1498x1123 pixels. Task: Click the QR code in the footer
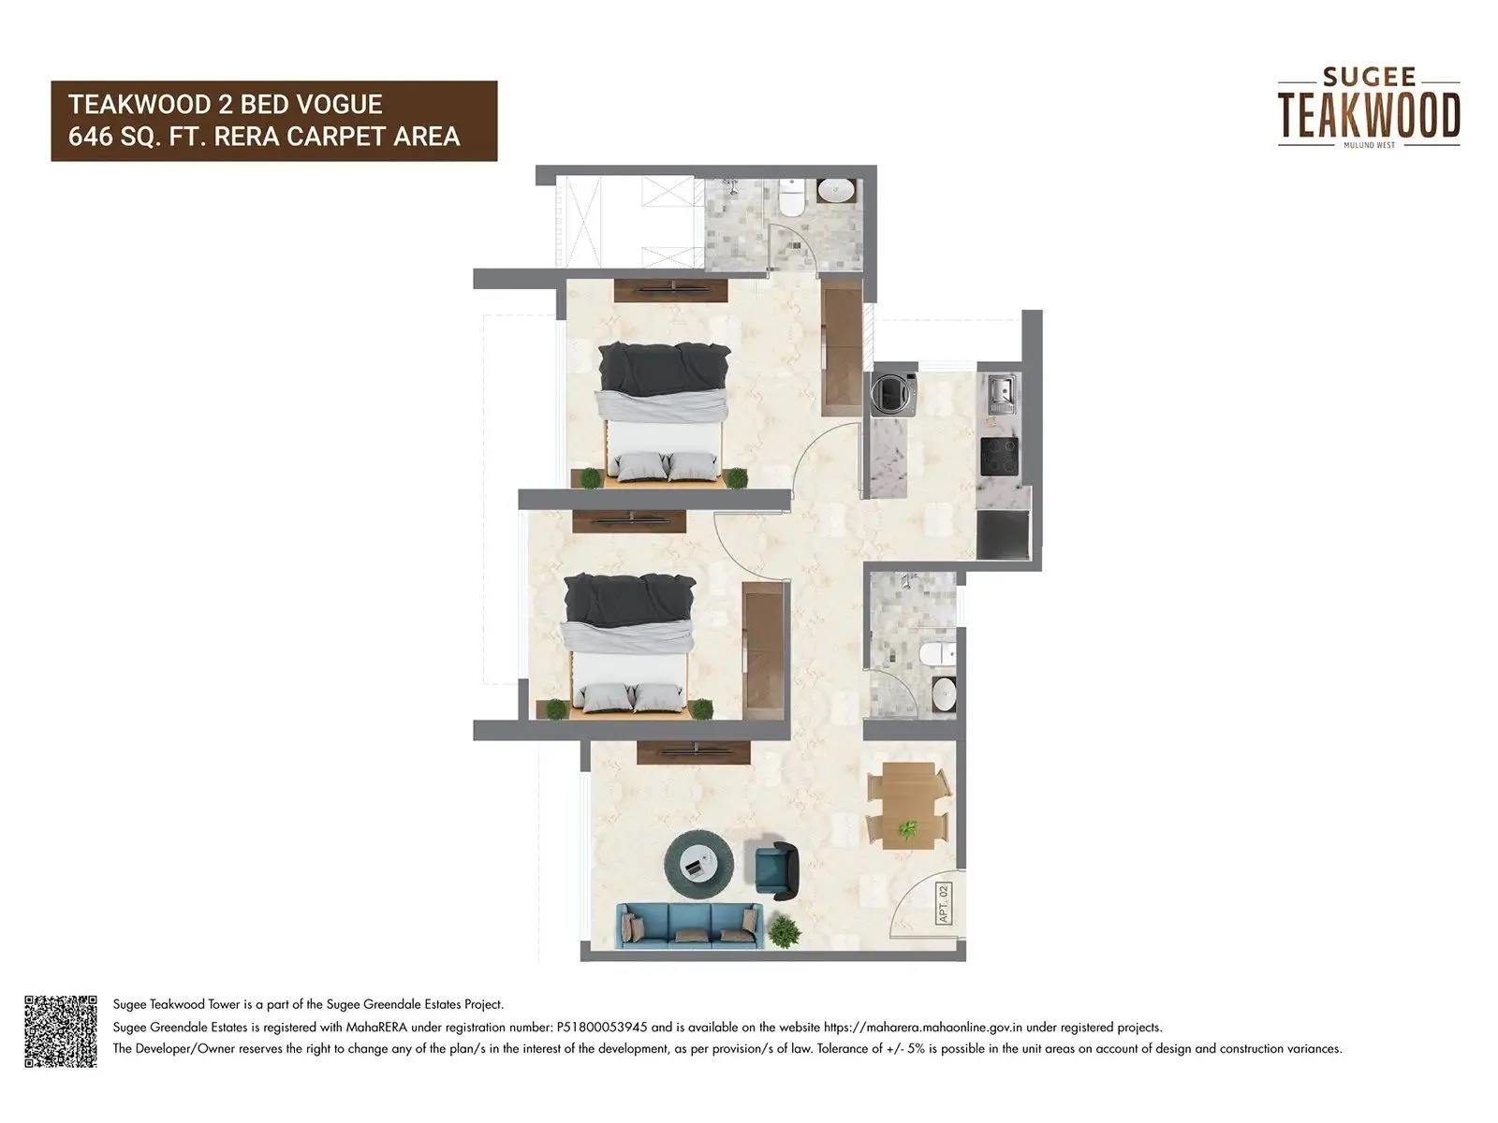pos(61,1031)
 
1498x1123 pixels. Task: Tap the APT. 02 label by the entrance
pos(943,904)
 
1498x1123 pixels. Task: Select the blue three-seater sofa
pos(689,925)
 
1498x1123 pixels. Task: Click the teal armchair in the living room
pos(776,865)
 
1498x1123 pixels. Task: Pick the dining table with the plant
pos(909,806)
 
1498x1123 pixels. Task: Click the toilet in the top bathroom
pos(792,199)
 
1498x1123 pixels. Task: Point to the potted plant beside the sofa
pos(784,932)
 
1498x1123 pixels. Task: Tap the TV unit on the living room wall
pos(694,751)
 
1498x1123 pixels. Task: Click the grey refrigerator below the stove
pos(1003,534)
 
